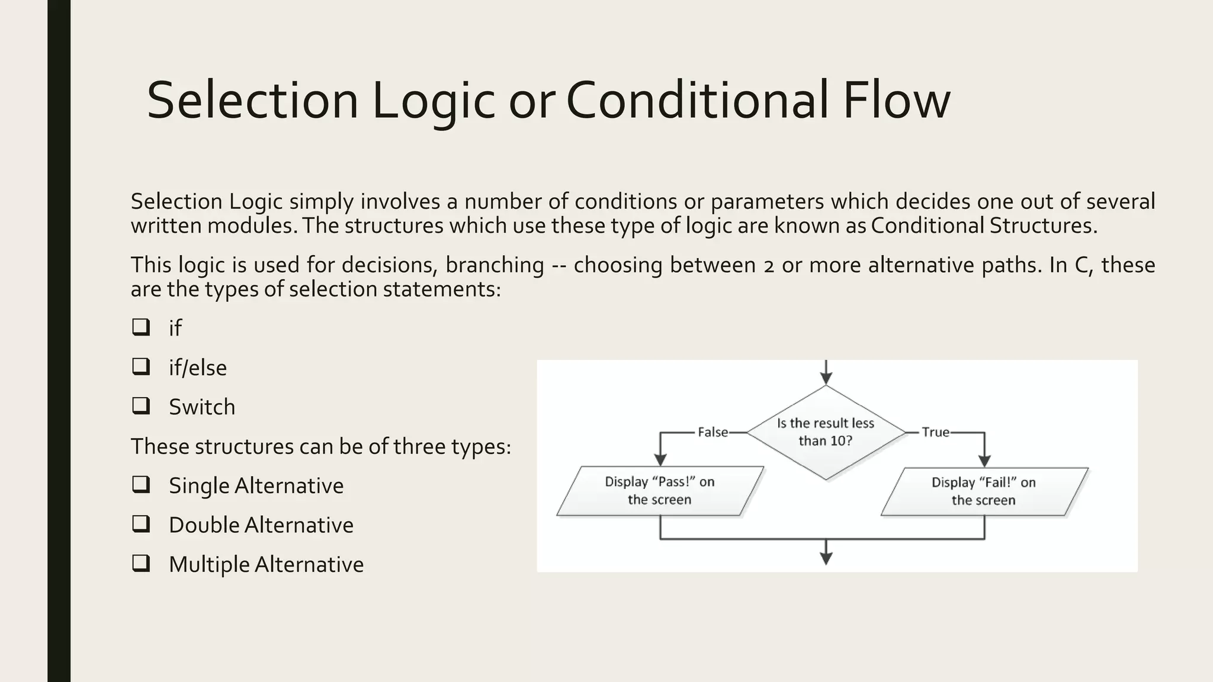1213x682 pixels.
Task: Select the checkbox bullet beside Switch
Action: pos(141,406)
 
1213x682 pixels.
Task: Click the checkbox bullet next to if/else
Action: pos(141,366)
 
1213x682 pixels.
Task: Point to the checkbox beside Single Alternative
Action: pos(141,484)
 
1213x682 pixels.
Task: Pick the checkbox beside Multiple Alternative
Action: pos(141,563)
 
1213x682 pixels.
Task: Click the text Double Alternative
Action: pos(261,525)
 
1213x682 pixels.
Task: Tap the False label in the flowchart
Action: pos(713,432)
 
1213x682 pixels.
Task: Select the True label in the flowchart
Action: pos(935,432)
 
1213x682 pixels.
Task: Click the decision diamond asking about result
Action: pos(826,432)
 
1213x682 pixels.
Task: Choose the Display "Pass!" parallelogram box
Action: pos(660,491)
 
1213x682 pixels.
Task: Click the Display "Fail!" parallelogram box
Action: pos(984,491)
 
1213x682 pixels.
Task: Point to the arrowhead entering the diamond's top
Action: pos(826,379)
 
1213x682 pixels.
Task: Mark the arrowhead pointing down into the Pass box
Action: pos(660,460)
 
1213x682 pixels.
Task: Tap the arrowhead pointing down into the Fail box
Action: pos(984,461)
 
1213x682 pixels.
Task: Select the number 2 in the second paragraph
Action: pos(769,266)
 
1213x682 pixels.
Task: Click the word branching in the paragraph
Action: pos(495,265)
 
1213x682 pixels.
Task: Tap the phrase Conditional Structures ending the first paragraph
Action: pos(984,226)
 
